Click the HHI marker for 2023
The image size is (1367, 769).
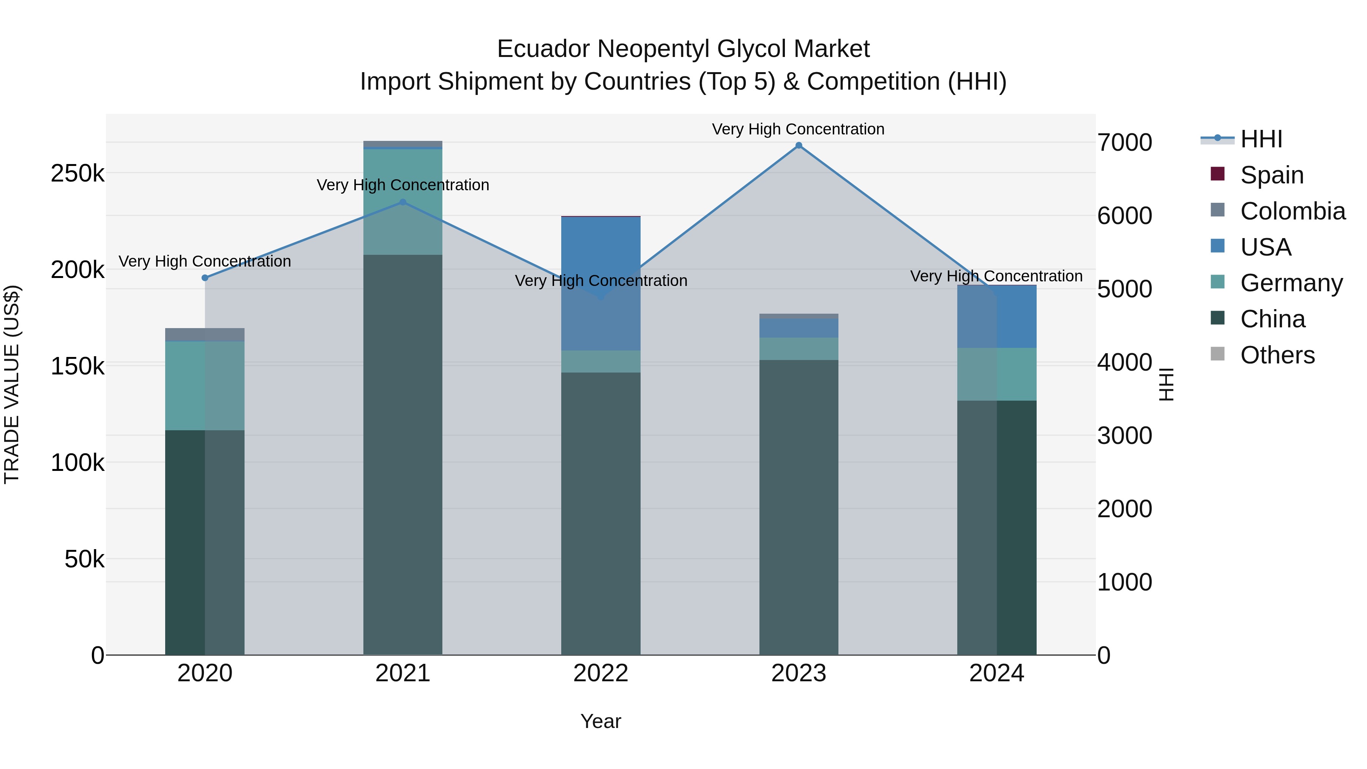(x=799, y=145)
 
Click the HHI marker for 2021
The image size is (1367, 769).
(x=403, y=202)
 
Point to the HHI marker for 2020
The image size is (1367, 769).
(x=205, y=278)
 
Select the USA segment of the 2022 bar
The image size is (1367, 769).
(x=601, y=283)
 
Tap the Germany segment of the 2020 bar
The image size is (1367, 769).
(x=205, y=385)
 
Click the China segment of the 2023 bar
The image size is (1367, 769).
(x=799, y=507)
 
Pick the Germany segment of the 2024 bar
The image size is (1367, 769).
(x=997, y=374)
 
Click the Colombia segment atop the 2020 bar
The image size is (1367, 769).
(x=205, y=334)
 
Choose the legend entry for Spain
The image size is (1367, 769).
(x=1271, y=175)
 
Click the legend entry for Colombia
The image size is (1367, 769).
(x=1292, y=211)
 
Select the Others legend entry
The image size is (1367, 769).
(x=1277, y=355)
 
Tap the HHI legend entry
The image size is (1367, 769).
(x=1261, y=139)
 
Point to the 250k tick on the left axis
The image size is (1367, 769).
(x=77, y=174)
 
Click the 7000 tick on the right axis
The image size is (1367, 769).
(x=1124, y=143)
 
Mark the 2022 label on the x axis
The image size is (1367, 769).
(x=601, y=673)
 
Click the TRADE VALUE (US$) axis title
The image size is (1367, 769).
(x=12, y=384)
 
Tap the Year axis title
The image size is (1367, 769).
(x=601, y=721)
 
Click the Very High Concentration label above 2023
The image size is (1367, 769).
(x=798, y=129)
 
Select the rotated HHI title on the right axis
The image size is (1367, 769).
(x=1166, y=384)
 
